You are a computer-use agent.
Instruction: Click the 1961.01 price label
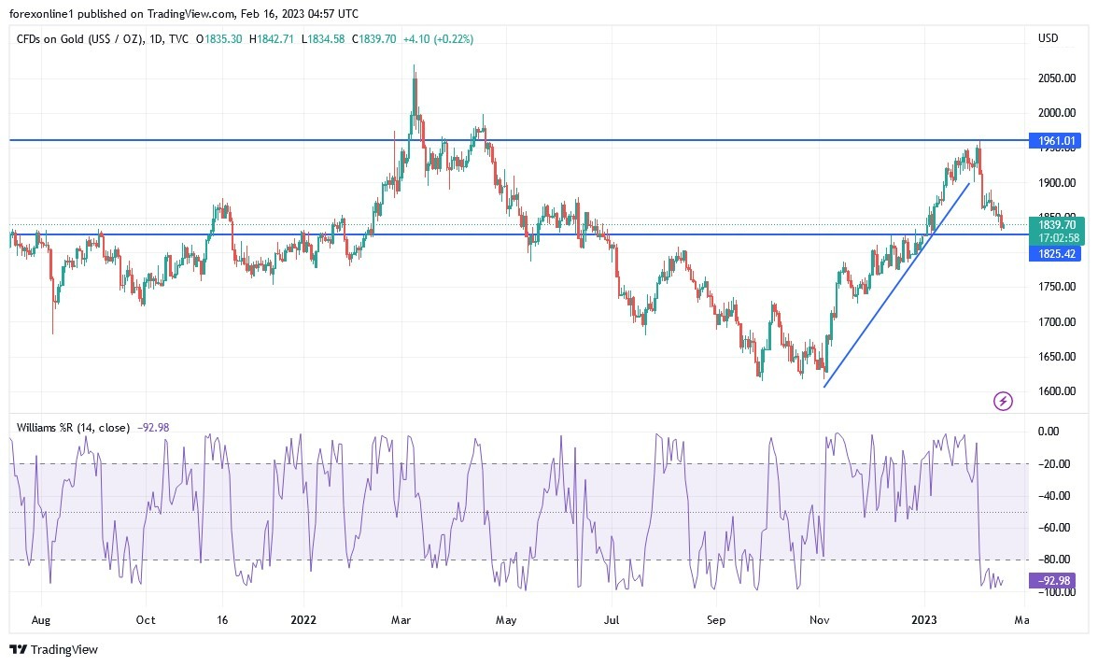[x=1056, y=141]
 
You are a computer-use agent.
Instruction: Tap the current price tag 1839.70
[x=1056, y=224]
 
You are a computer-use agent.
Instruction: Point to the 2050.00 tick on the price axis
[x=1056, y=78]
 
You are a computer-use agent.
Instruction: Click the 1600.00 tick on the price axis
[x=1056, y=390]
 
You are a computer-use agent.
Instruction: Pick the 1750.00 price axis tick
[x=1056, y=287]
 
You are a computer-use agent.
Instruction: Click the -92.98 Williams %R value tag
[x=1050, y=581]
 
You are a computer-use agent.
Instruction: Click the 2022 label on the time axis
[x=303, y=619]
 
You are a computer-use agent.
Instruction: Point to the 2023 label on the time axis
[x=923, y=619]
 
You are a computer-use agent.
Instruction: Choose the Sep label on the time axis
[x=715, y=619]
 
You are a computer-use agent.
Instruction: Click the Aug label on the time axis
[x=39, y=619]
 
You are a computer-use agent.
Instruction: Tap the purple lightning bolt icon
[x=1003, y=402]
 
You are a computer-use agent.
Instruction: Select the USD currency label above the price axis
[x=1048, y=38]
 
